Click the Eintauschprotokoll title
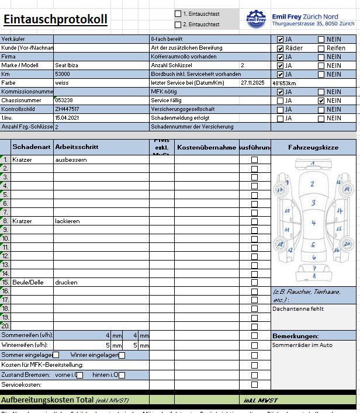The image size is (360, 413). tap(56, 19)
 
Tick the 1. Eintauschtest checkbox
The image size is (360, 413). tap(178, 13)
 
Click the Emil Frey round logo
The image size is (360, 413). tap(256, 19)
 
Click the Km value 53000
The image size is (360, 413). tap(63, 74)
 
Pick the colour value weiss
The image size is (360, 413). tap(61, 83)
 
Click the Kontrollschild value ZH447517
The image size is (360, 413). tap(67, 109)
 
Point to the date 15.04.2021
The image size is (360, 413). tap(66, 118)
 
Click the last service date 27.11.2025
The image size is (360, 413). tap(252, 83)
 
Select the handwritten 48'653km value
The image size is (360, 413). tap(285, 83)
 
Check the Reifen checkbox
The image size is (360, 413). tap(321, 48)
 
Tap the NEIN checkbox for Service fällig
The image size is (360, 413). tap(321, 100)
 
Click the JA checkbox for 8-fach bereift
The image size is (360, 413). tap(281, 39)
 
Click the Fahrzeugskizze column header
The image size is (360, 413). tap(313, 148)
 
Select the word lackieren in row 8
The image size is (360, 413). tap(67, 221)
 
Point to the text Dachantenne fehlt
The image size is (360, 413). tap(298, 308)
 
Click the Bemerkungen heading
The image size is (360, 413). tap(296, 336)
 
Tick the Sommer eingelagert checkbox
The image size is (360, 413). tap(56, 355)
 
